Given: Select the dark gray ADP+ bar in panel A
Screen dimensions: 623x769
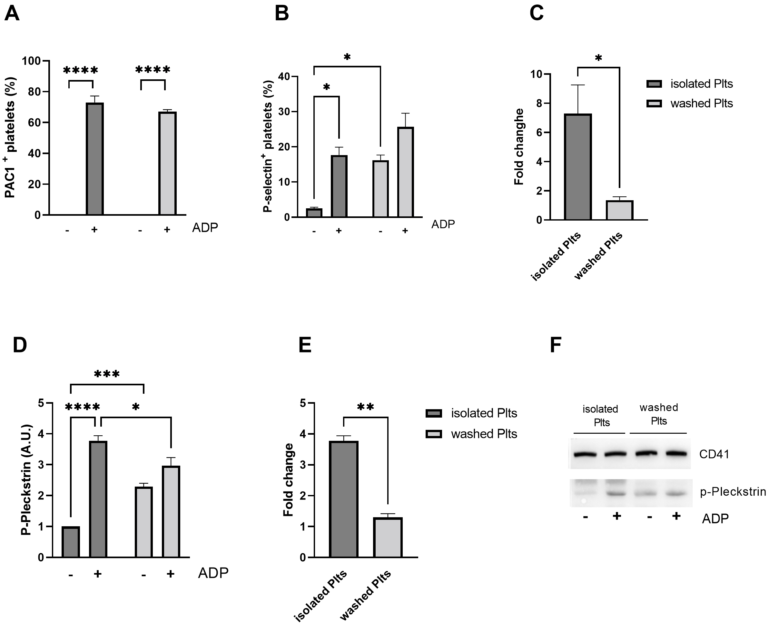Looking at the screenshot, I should tap(95, 159).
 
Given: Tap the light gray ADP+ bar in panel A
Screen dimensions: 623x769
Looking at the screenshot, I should tap(168, 163).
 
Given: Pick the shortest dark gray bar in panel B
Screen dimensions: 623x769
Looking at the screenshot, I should tap(314, 213).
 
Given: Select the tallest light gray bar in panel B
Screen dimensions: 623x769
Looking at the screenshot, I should tap(406, 172).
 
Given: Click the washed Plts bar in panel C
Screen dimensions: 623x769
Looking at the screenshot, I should tap(619, 210).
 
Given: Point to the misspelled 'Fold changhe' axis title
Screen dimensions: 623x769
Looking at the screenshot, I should tap(519, 146).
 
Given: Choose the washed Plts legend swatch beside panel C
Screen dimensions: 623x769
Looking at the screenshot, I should tap(654, 104).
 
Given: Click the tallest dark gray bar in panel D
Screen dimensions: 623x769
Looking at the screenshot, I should tap(98, 499).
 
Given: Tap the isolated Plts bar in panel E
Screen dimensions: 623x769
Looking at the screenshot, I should tap(343, 499).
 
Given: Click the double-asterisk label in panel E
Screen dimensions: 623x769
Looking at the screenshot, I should tap(366, 407).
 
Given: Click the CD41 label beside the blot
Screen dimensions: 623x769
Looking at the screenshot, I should tap(714, 454).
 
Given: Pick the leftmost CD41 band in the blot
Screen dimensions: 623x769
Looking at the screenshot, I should tap(585, 454).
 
